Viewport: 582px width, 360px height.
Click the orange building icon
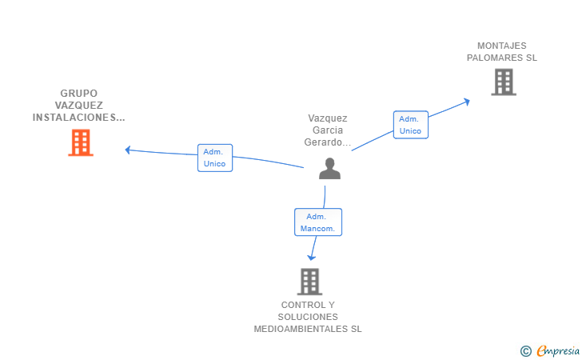pos(81,142)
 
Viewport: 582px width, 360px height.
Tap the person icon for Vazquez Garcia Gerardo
pos(329,169)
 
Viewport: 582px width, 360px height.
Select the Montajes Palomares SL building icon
pos(503,82)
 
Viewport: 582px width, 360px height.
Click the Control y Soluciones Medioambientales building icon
pos(309,282)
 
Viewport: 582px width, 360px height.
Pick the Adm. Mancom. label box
pos(318,222)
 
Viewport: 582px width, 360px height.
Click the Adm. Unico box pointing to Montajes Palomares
pos(410,125)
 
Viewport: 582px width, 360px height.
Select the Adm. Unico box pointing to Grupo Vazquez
pos(214,158)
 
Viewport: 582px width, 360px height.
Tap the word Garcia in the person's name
pos(328,130)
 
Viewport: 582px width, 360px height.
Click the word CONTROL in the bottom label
pos(298,305)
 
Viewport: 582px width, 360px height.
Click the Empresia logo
pos(558,350)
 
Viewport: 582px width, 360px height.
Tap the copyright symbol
pos(525,350)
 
